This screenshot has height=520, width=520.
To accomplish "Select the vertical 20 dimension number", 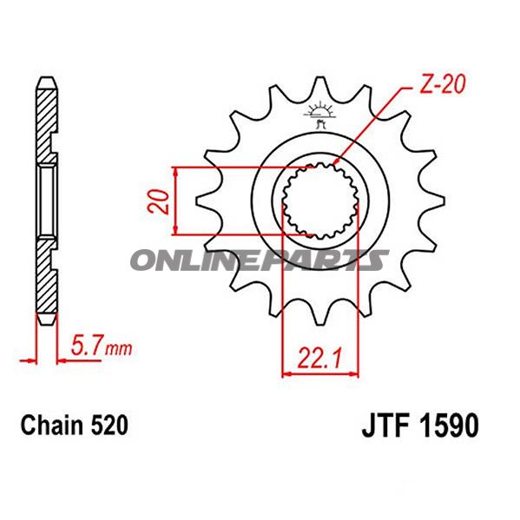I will coord(157,201).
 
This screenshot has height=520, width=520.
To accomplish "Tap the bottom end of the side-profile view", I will coord(48,319).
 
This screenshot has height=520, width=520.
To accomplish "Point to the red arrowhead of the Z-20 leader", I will coord(336,161).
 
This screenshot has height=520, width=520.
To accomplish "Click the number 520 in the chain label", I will coord(111,425).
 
